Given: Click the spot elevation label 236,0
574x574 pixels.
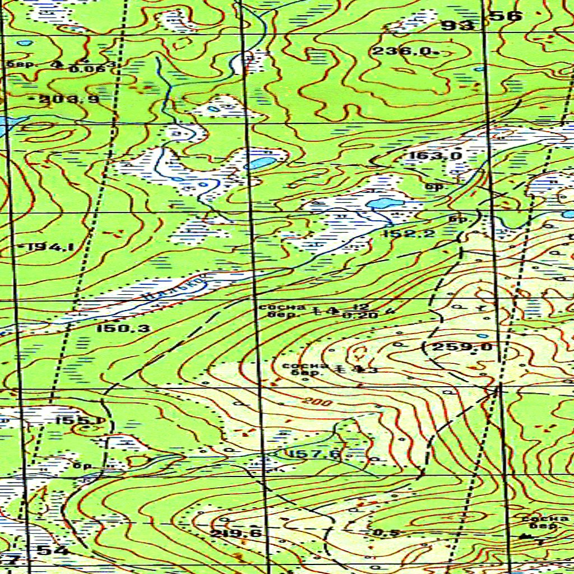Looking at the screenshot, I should [401, 52].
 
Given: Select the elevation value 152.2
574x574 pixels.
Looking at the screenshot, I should [409, 234].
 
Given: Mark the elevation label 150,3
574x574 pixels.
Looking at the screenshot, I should [123, 328].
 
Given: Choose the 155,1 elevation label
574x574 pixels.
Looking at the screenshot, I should [80, 420].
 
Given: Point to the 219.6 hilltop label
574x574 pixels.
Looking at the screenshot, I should [236, 533].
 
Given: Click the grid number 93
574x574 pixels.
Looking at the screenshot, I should [457, 25].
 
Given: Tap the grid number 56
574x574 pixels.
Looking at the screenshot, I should [506, 17].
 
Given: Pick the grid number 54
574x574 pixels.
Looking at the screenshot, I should [53, 550].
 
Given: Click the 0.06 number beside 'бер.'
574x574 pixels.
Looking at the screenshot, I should [80, 68].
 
